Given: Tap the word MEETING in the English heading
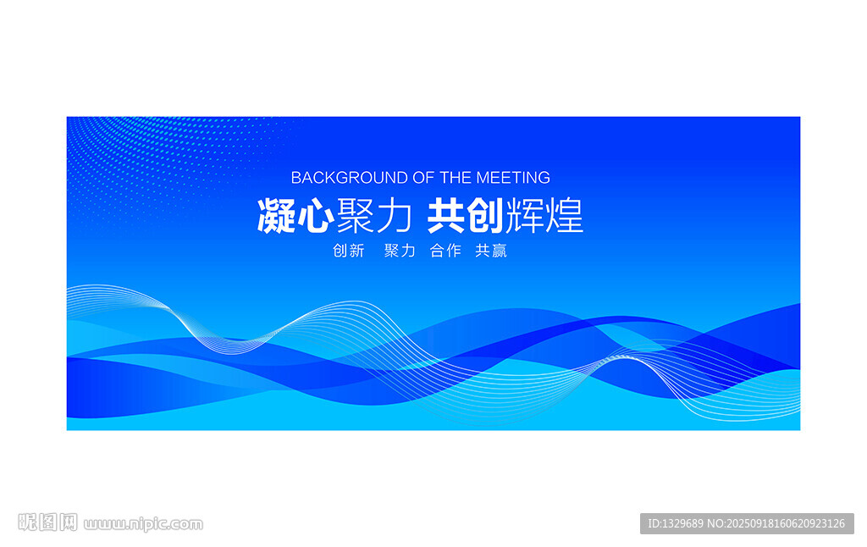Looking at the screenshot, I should click(x=513, y=178).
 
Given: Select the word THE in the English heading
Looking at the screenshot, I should click(x=456, y=178).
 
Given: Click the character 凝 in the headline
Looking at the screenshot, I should click(x=276, y=216).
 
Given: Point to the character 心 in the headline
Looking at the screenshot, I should click(x=315, y=216).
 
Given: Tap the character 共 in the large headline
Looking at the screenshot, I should click(x=445, y=216).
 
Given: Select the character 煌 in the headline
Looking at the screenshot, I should click(x=565, y=216).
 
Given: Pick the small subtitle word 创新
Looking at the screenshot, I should click(x=348, y=251).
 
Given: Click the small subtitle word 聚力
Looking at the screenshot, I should click(x=400, y=251).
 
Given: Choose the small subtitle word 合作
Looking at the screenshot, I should click(x=445, y=251).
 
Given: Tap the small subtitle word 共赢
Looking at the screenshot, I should click(x=491, y=251).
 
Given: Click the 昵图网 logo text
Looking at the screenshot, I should click(x=47, y=522).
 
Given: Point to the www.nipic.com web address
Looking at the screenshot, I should click(x=144, y=524).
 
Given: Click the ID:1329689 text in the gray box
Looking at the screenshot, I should click(x=676, y=523).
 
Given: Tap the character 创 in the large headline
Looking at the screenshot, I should click(x=484, y=216).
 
